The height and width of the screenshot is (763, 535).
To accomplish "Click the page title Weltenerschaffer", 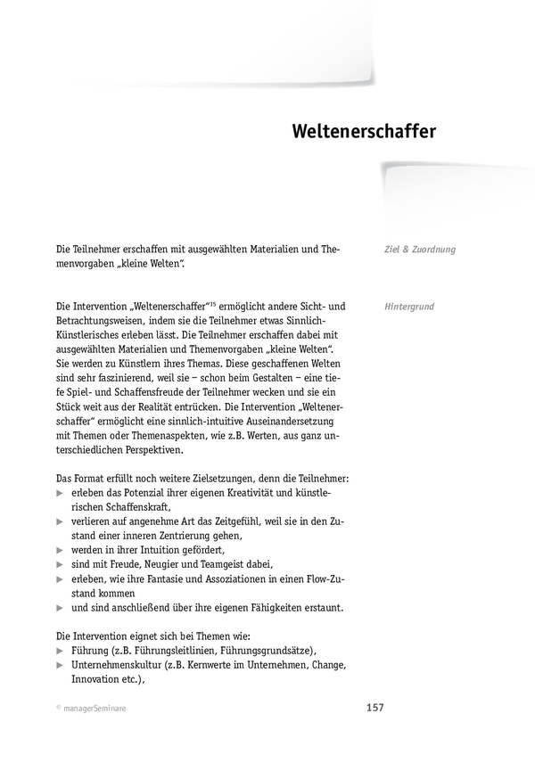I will [364, 132].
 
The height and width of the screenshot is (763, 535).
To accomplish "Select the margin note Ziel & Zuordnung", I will [420, 250].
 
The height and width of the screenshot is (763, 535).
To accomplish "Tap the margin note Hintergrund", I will [409, 306].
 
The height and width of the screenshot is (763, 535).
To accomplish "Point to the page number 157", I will [375, 708].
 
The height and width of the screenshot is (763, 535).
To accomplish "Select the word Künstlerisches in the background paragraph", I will [95, 333].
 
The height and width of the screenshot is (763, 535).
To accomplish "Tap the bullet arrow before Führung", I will [61, 650].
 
